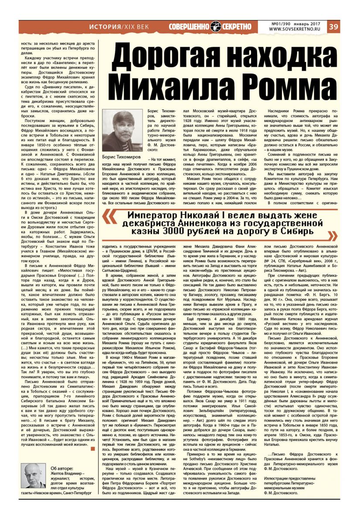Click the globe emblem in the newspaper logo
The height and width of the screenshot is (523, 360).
pyautogui.click(x=216, y=27)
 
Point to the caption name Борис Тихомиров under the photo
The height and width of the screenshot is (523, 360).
pyautogui.click(x=124, y=156)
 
